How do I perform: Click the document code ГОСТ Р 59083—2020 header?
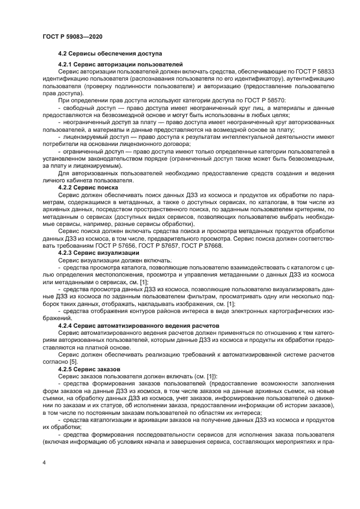pos(72,36)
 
